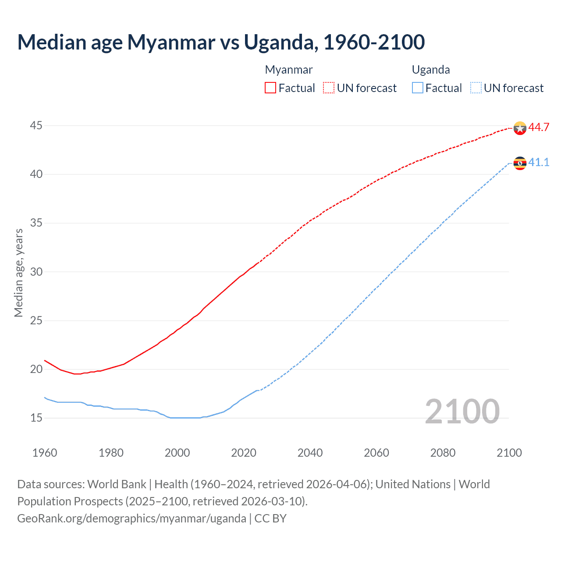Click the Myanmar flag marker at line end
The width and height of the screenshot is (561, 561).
click(x=520, y=128)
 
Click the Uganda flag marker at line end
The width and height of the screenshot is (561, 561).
click(x=520, y=163)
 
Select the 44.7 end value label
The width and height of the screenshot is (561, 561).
click(x=539, y=128)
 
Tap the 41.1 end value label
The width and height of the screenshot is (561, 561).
click(x=539, y=163)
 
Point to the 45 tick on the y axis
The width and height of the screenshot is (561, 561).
click(x=36, y=126)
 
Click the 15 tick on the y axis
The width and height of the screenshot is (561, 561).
click(x=36, y=418)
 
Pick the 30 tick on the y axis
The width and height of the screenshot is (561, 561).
click(x=36, y=272)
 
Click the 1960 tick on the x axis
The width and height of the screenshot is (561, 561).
click(x=45, y=453)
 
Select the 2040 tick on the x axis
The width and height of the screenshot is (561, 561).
click(x=310, y=453)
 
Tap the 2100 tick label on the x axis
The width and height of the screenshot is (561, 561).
click(x=509, y=453)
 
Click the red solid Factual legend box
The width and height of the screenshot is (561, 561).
click(x=270, y=88)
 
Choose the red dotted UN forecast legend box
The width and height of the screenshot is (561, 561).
click(x=329, y=88)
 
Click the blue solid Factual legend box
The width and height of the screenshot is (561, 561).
click(x=418, y=88)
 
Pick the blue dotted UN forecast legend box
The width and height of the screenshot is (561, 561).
click(x=476, y=88)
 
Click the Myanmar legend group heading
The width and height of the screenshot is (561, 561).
click(x=289, y=70)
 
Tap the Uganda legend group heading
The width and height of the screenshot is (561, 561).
click(x=431, y=70)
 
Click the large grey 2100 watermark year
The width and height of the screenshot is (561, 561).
click(x=462, y=412)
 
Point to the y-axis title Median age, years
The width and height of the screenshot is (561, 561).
click(x=18, y=273)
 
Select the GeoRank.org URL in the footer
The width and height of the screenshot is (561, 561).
click(x=131, y=518)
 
